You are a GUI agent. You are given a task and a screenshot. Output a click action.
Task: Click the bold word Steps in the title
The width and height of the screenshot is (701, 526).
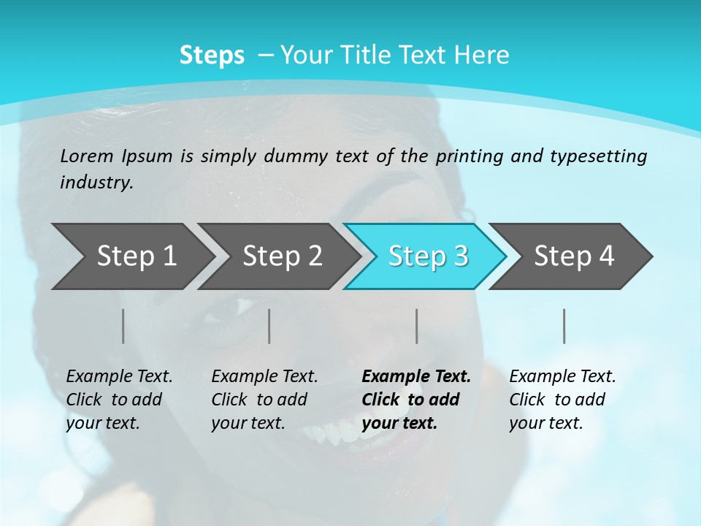click(x=212, y=56)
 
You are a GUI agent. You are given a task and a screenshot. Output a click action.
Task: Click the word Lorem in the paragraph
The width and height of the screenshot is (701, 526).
click(x=85, y=156)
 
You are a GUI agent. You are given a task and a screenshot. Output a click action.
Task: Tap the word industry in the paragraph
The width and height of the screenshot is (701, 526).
click(x=96, y=182)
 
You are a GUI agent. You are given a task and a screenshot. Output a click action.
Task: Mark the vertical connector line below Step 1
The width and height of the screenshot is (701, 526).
click(x=123, y=326)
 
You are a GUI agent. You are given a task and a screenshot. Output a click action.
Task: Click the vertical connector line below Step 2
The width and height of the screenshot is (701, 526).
click(x=269, y=326)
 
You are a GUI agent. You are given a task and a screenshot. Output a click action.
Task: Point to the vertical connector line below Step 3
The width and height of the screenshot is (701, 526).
click(x=416, y=326)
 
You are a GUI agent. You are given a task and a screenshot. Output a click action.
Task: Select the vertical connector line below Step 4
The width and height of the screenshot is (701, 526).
click(x=564, y=326)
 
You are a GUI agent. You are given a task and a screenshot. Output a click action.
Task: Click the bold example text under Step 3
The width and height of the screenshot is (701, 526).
click(x=415, y=400)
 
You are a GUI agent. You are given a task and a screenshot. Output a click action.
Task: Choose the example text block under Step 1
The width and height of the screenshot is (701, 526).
click(x=118, y=400)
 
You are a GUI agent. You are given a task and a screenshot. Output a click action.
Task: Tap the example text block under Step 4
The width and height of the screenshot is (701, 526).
click(x=562, y=400)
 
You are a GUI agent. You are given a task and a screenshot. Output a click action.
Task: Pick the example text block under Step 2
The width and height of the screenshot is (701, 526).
click(x=264, y=400)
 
